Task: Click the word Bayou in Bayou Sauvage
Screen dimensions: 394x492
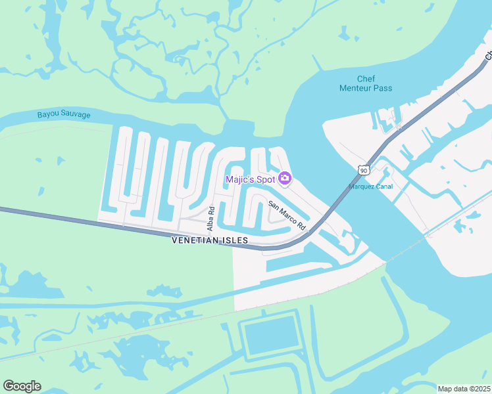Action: (49, 114)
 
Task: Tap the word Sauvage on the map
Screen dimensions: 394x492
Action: (76, 114)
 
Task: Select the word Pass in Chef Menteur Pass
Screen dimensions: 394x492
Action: (383, 88)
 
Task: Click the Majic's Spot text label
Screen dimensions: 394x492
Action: (250, 179)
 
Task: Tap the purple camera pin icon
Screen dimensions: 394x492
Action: (285, 178)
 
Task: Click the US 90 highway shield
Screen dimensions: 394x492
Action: (363, 171)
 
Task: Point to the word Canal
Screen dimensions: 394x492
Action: (384, 186)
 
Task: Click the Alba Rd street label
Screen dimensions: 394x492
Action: (211, 217)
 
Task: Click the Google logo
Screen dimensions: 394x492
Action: (22, 386)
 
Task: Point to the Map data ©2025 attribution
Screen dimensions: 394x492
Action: (463, 389)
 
